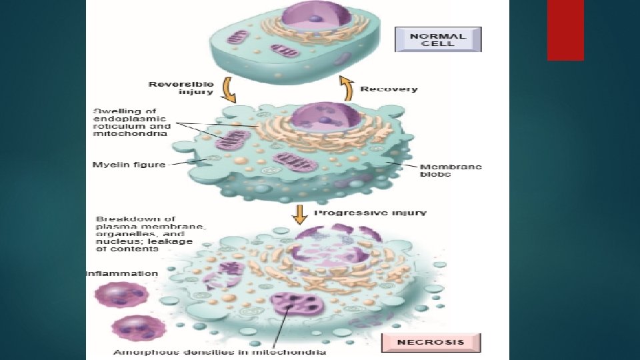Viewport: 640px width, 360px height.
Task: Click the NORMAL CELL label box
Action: [438, 39]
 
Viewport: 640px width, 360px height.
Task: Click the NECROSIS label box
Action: [431, 343]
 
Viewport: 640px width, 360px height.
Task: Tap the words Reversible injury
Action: [181, 88]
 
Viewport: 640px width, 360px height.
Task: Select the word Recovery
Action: [389, 89]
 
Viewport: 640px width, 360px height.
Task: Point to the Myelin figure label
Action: [129, 164]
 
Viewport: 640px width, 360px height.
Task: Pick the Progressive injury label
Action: [370, 213]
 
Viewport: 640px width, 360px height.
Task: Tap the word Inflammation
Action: [122, 273]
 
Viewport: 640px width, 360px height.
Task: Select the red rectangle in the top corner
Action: [565, 30]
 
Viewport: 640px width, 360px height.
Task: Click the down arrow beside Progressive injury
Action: [300, 215]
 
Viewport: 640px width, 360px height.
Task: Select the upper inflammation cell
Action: [121, 294]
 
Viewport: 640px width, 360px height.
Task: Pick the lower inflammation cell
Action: [130, 329]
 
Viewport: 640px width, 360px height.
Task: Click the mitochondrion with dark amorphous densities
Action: [295, 308]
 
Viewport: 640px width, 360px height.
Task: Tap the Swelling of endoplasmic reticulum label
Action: [131, 121]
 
